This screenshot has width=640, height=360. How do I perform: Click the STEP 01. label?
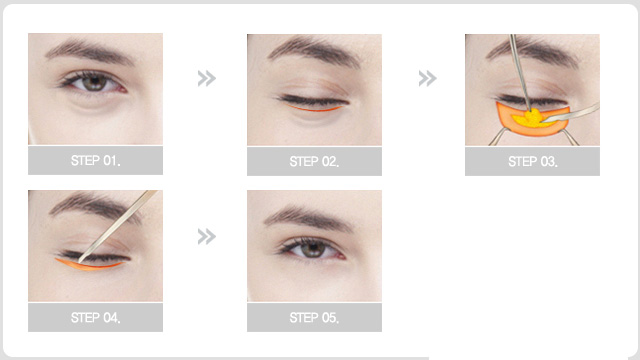click(96, 160)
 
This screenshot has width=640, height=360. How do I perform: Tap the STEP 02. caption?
click(314, 162)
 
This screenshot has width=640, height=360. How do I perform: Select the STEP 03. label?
click(533, 162)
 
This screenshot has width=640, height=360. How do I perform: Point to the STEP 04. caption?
click(96, 317)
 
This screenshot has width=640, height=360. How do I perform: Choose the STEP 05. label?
click(314, 317)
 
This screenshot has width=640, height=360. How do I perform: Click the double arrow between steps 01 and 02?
click(207, 78)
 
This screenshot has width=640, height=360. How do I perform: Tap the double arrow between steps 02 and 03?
click(427, 78)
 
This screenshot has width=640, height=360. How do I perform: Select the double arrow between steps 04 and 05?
click(207, 236)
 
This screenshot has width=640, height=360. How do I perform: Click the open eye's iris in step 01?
click(94, 83)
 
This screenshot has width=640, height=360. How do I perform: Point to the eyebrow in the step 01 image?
click(90, 51)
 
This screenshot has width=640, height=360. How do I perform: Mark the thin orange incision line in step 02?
click(313, 109)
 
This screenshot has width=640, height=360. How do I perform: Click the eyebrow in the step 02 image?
click(314, 50)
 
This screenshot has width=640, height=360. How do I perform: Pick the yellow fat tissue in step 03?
click(531, 118)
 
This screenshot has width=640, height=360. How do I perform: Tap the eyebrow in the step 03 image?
click(535, 51)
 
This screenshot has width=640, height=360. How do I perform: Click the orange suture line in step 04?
click(89, 265)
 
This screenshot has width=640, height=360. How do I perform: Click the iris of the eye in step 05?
click(312, 249)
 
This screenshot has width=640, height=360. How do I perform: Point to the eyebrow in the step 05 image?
click(309, 219)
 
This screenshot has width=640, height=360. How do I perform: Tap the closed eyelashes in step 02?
click(313, 101)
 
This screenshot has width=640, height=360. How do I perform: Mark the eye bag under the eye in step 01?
click(95, 103)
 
